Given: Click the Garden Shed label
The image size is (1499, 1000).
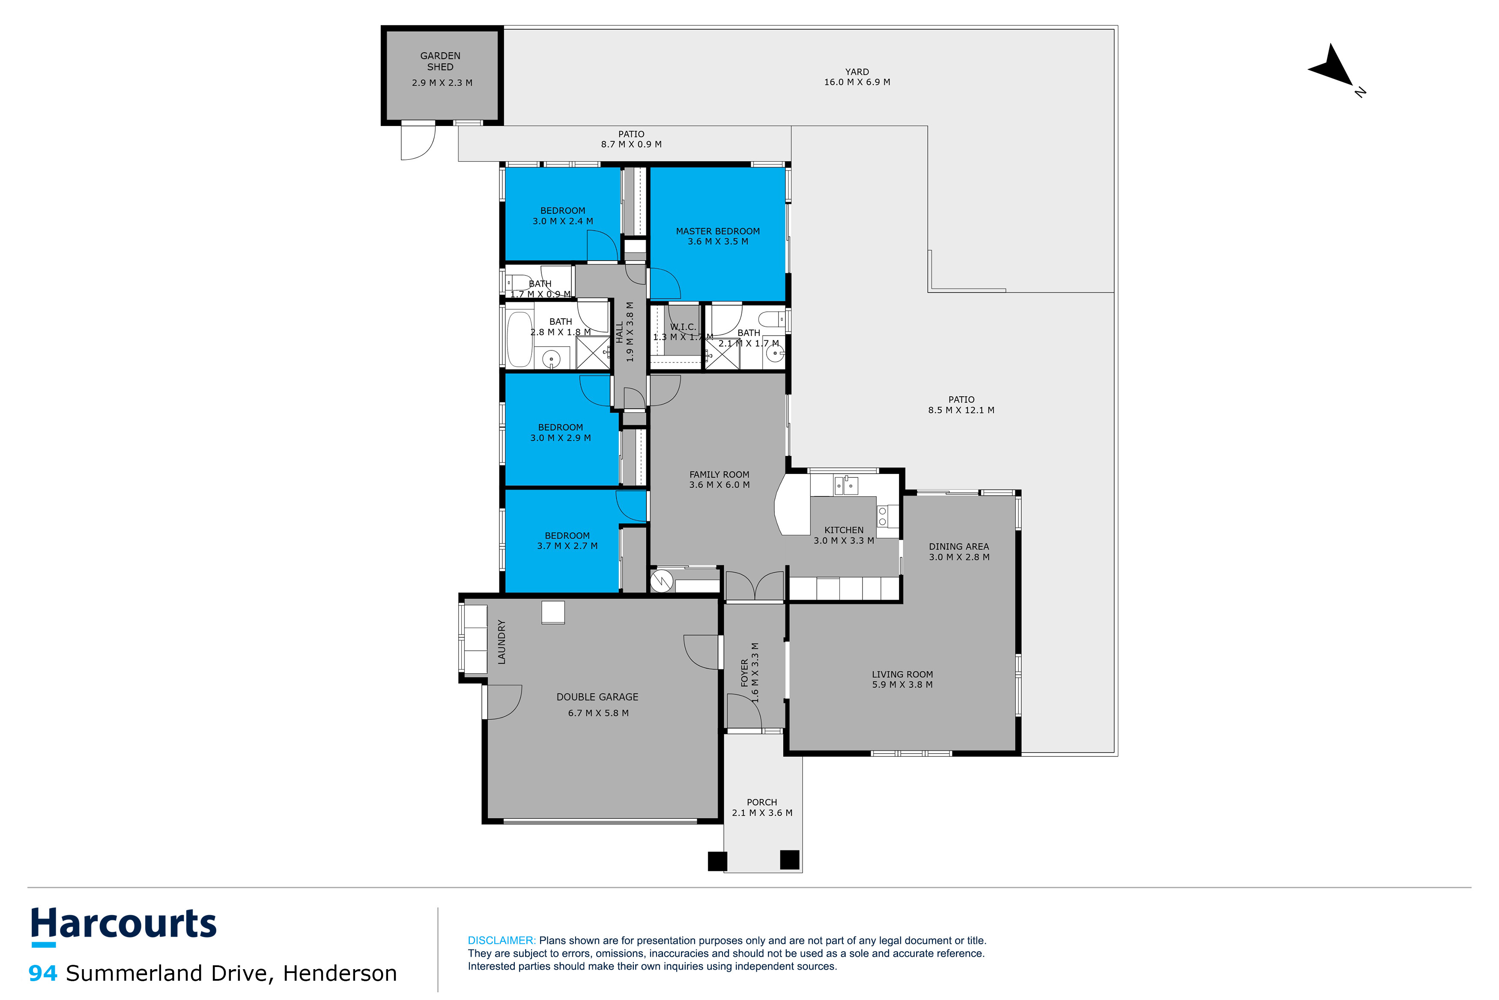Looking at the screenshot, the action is [440, 61].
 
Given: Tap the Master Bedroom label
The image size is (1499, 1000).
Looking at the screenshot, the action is [718, 231].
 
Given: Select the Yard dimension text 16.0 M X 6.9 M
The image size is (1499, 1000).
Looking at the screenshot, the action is [857, 82].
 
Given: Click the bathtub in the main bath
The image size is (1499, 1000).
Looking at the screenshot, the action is [520, 339].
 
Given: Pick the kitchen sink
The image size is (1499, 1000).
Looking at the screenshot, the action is [846, 486].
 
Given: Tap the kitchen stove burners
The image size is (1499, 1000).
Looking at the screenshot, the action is [883, 516].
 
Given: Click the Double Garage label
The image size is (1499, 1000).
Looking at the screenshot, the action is [597, 697].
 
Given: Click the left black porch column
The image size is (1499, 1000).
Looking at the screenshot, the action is [717, 861].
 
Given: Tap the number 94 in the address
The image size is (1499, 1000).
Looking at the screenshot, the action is [43, 973].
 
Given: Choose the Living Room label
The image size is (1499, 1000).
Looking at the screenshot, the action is [902, 674].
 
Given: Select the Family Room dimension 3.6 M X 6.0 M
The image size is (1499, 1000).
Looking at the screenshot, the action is [719, 485].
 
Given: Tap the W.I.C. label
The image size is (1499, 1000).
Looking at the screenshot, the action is [683, 326].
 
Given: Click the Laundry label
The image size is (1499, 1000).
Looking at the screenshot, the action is [502, 642].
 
